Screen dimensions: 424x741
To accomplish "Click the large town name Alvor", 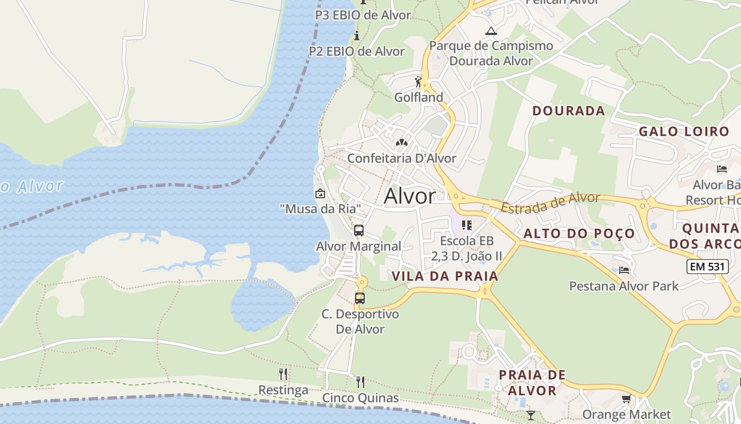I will pyautogui.click(x=410, y=196).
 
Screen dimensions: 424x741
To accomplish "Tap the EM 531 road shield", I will pyautogui.click(x=707, y=267).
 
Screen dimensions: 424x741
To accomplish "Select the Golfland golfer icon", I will pyautogui.click(x=418, y=82).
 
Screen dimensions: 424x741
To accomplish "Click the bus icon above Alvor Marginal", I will pyautogui.click(x=359, y=231).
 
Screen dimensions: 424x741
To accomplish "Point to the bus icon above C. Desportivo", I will pyautogui.click(x=360, y=298).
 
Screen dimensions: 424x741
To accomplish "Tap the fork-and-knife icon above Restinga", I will pyautogui.click(x=283, y=374).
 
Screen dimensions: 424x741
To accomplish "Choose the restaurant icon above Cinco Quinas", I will pyautogui.click(x=360, y=382).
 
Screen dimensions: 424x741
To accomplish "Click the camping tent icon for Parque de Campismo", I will pyautogui.click(x=491, y=31).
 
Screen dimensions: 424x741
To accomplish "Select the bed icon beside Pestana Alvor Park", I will pyautogui.click(x=624, y=270).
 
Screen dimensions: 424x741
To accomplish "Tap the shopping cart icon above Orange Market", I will pyautogui.click(x=627, y=399).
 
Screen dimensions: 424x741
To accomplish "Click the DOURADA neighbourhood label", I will pyautogui.click(x=568, y=111).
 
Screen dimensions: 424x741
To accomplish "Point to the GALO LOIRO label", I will pyautogui.click(x=684, y=131).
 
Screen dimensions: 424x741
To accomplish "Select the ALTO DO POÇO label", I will pyautogui.click(x=579, y=233).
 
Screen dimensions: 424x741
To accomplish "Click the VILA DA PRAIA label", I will pyautogui.click(x=445, y=276).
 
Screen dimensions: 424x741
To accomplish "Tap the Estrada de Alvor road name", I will pyautogui.click(x=550, y=202).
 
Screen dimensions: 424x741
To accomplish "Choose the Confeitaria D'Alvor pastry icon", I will pyautogui.click(x=402, y=143).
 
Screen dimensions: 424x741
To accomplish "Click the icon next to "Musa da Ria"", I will pyautogui.click(x=320, y=194).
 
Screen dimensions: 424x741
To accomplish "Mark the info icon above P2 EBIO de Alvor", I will pyautogui.click(x=357, y=36).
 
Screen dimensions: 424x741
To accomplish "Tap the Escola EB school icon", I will pyautogui.click(x=467, y=225).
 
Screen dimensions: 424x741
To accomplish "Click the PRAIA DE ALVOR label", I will pyautogui.click(x=532, y=383).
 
